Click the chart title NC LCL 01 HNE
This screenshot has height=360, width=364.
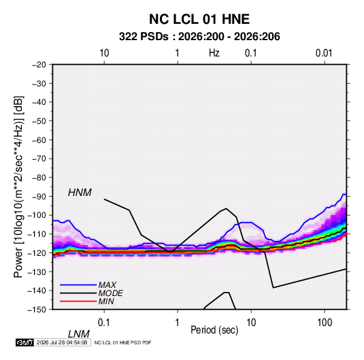pos(199,19)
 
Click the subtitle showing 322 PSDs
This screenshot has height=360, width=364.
pos(199,37)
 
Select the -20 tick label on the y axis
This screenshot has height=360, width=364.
pos(39,65)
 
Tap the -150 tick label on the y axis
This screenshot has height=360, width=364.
pos(37,310)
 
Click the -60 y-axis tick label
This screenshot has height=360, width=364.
pos(39,140)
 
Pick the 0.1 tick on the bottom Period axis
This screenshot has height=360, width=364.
pos(104,323)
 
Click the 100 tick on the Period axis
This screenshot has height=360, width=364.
pos(325,323)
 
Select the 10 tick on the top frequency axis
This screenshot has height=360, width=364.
pos(104,53)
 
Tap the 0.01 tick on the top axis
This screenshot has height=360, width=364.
pos(324,53)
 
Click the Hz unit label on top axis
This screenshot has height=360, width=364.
pos(214,53)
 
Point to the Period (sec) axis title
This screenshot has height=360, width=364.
pos(214,330)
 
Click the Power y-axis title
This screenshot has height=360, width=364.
pos(18,186)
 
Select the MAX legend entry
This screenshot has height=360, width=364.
pos(107,284)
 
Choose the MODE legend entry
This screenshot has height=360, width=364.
pos(110,293)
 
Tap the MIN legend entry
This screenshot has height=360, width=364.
pos(106,301)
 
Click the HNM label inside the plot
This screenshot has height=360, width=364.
pos(80,193)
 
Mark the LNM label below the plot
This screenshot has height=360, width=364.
pos(78,334)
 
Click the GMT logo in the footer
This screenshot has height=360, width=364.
pos(24,342)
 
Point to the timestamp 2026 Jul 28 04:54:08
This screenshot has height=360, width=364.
pos(62,342)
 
